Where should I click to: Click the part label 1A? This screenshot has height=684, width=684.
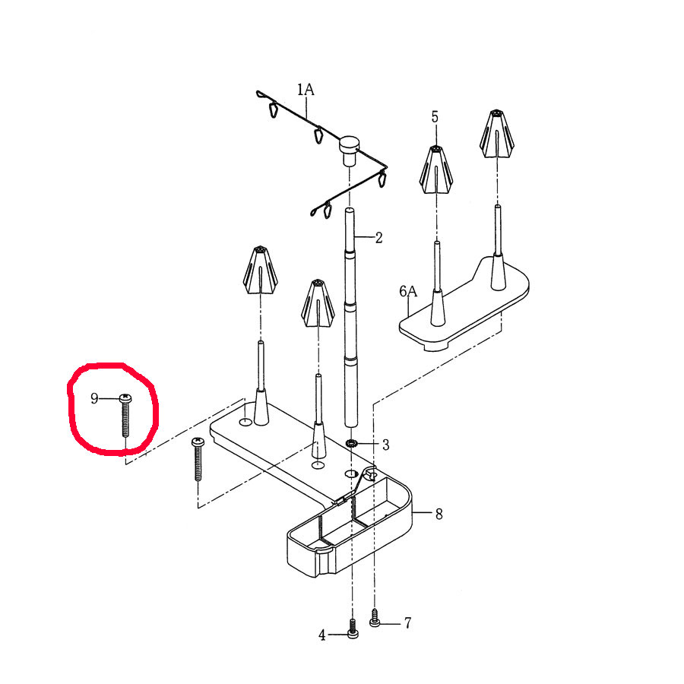(x=306, y=90)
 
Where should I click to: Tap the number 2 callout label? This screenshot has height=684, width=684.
(x=378, y=238)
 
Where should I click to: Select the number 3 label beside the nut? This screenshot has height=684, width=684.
(x=385, y=445)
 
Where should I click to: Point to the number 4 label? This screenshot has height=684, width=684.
(x=322, y=635)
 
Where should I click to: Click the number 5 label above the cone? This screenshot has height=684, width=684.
(x=435, y=117)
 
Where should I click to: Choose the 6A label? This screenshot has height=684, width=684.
(x=408, y=291)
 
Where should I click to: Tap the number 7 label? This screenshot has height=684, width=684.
(x=407, y=623)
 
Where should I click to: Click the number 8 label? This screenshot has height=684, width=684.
(x=439, y=515)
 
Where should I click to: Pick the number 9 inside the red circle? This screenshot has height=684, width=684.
(x=94, y=398)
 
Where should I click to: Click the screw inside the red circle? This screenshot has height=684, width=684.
(x=125, y=414)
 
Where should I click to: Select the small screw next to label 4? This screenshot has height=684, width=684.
(x=353, y=629)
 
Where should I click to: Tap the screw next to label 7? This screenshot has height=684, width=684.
(x=375, y=618)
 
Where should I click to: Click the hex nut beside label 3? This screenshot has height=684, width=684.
(x=352, y=444)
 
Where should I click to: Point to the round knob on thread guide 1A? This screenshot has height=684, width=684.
(x=349, y=149)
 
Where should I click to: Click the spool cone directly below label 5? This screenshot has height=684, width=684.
(x=435, y=169)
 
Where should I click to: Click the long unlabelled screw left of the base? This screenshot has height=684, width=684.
(x=198, y=459)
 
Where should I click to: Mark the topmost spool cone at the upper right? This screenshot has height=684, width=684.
(x=496, y=134)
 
